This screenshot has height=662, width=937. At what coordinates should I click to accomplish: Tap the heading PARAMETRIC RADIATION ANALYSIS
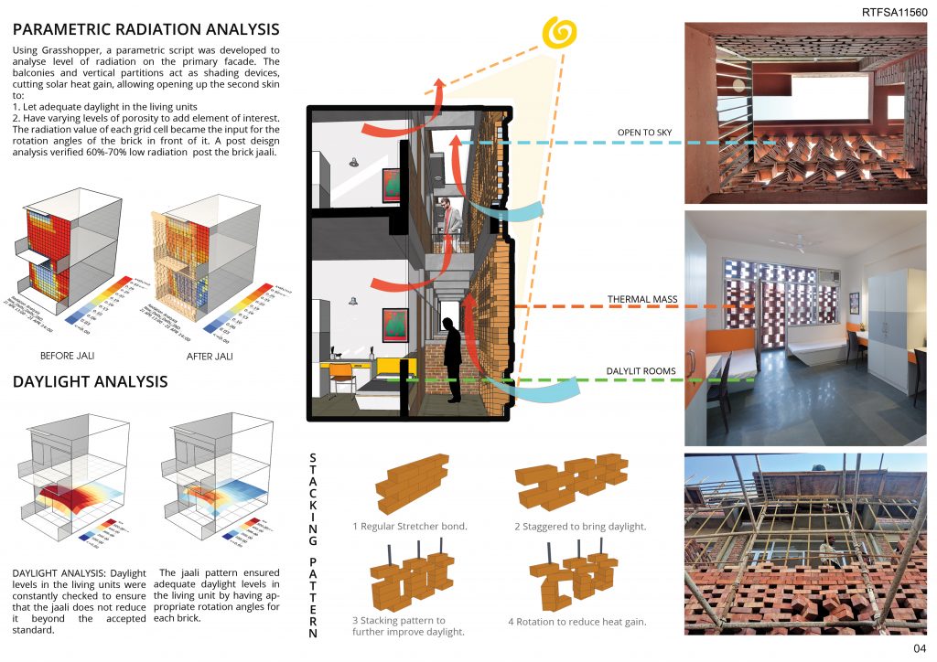tap(146, 28)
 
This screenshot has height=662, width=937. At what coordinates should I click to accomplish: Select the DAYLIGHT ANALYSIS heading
tap(90, 381)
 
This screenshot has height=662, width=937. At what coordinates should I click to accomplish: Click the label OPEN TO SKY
tap(644, 133)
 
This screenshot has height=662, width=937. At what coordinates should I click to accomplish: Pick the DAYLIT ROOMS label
tap(641, 370)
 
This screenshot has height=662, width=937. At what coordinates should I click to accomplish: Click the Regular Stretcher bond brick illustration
tap(413, 484)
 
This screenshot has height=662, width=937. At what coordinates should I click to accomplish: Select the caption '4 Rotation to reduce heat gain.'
tap(577, 622)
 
